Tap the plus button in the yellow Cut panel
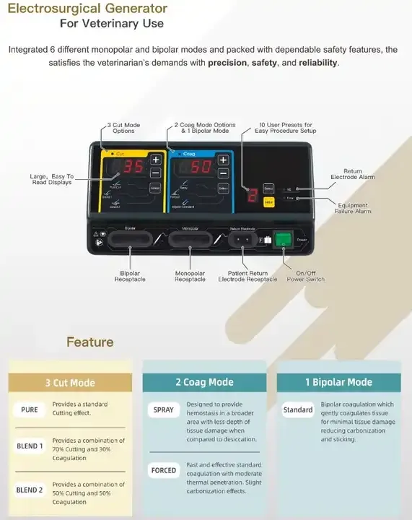(155, 159)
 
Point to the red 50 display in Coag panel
(200, 167)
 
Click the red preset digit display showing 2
(253, 195)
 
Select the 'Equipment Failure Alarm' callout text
(353, 208)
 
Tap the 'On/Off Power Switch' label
(306, 276)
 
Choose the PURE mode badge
(30, 409)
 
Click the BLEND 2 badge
(30, 490)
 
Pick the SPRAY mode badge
(163, 409)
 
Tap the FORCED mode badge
(163, 470)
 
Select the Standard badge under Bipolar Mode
(298, 409)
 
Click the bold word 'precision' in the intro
(227, 63)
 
